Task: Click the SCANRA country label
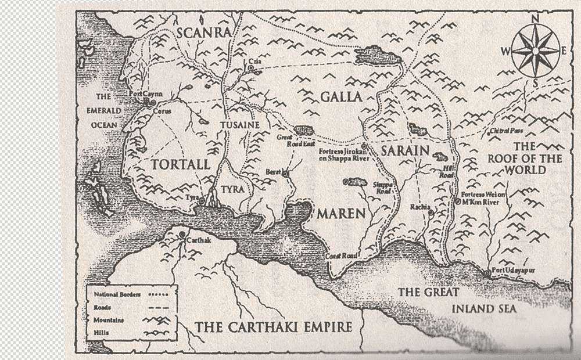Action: pyautogui.click(x=204, y=32)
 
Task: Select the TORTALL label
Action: pyautogui.click(x=180, y=164)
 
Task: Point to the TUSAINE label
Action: pyautogui.click(x=239, y=125)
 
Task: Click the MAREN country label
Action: pyautogui.click(x=341, y=214)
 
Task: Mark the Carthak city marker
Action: pyautogui.click(x=182, y=235)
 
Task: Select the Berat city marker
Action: pyautogui.click(x=285, y=173)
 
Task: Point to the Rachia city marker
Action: pyautogui.click(x=431, y=213)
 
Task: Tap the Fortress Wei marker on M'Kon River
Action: pyautogui.click(x=458, y=201)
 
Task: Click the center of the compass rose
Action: pyautogui.click(x=536, y=51)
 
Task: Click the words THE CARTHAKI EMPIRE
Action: pyautogui.click(x=274, y=326)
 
